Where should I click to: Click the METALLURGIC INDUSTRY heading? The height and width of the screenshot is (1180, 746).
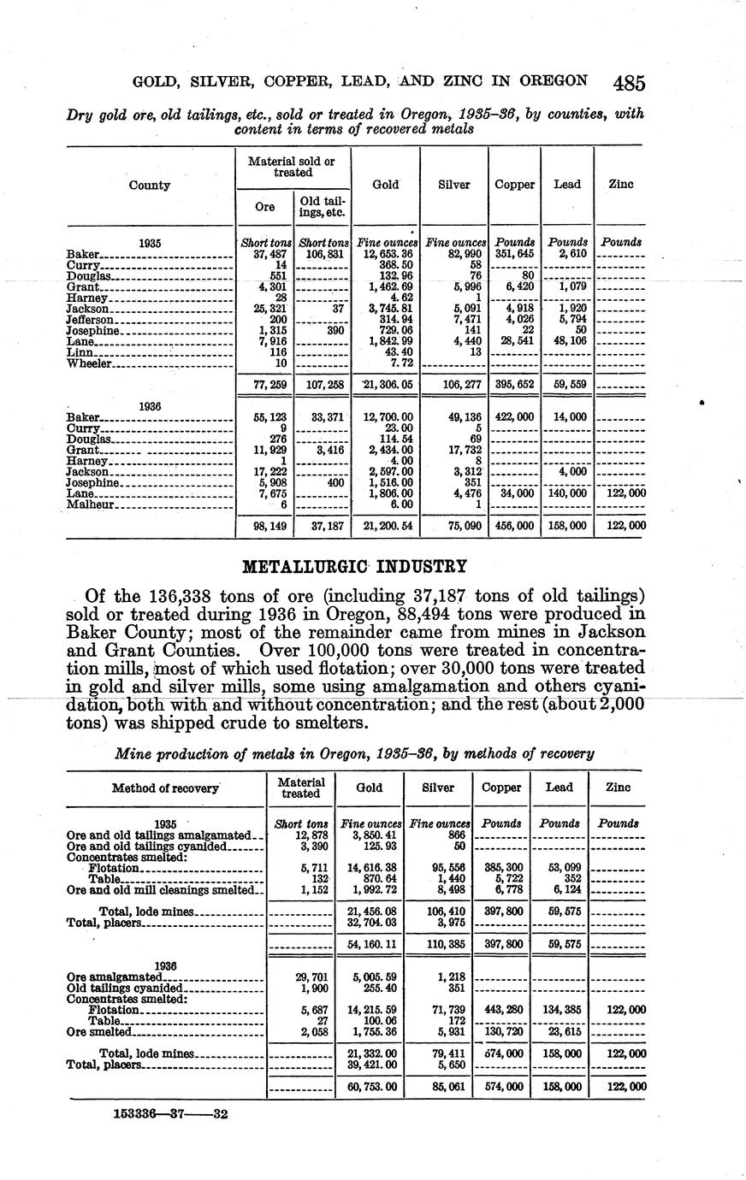pyautogui.click(x=355, y=566)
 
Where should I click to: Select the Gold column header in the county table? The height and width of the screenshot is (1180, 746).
pyautogui.click(x=386, y=184)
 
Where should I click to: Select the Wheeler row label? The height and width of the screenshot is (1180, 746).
pyautogui.click(x=88, y=363)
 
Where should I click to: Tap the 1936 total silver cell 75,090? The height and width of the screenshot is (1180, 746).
pyautogui.click(x=455, y=526)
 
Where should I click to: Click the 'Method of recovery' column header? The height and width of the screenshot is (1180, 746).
pyautogui.click(x=165, y=788)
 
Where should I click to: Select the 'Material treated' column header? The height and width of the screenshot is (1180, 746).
pyautogui.click(x=301, y=788)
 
